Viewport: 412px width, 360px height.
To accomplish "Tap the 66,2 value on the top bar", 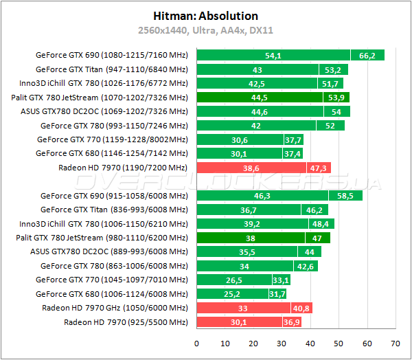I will pyautogui.click(x=367, y=55).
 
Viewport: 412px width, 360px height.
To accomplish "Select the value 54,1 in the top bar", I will pyautogui.click(x=273, y=55).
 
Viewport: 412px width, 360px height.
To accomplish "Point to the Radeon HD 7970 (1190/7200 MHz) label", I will pyautogui.click(x=123, y=168).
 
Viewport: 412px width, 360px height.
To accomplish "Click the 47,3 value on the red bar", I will pyautogui.click(x=319, y=168).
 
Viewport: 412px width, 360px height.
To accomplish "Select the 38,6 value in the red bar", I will pyautogui.click(x=251, y=168).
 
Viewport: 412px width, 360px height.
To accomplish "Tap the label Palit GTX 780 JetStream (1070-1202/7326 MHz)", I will pyautogui.click(x=100, y=98).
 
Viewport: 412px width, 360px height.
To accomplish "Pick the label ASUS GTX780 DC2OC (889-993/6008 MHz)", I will pyautogui.click(x=108, y=251).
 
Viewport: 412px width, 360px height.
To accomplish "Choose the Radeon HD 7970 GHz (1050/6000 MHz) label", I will pyautogui.click(x=115, y=308).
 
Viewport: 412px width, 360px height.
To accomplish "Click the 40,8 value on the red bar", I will pyautogui.click(x=301, y=308).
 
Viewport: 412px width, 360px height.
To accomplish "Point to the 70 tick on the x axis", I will pyautogui.click(x=396, y=343).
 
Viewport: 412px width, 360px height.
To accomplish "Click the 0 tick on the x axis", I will pyautogui.click(x=196, y=343).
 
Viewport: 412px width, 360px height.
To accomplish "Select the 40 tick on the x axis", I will pyautogui.click(x=310, y=343).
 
